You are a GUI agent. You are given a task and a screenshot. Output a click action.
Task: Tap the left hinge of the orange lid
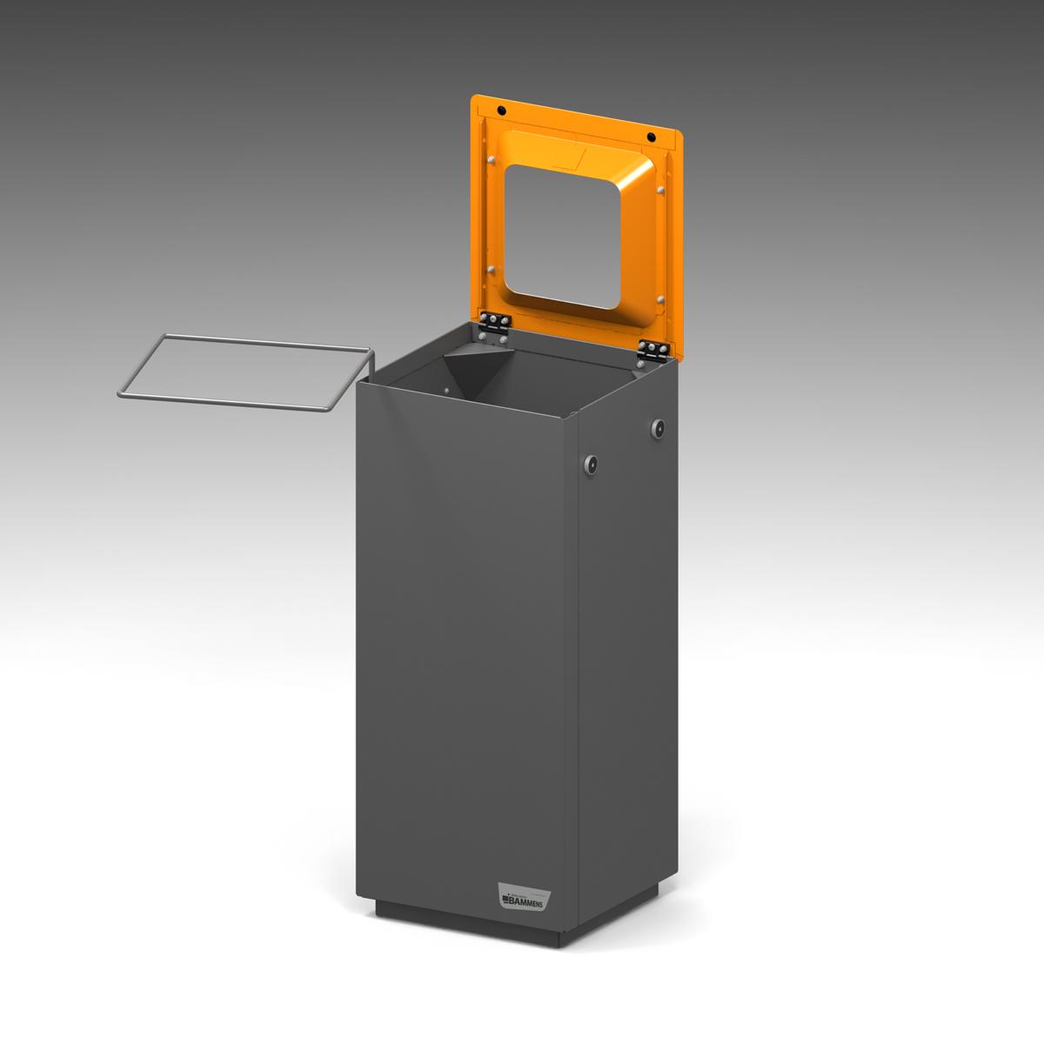[x=494, y=325]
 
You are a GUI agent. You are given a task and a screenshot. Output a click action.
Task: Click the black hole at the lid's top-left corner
[x=501, y=110]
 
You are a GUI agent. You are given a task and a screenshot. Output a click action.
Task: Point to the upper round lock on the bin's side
[x=659, y=427]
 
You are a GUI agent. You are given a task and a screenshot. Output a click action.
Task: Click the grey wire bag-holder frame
[x=244, y=374]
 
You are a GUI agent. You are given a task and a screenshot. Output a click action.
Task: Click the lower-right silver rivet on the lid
[x=662, y=299]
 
